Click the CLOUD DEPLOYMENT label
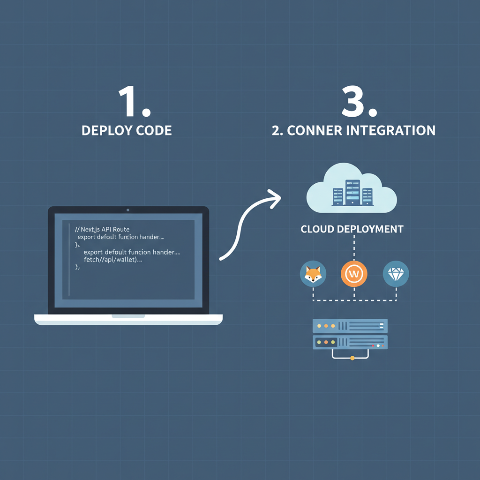(352, 229)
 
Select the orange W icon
(354, 273)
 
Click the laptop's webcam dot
(128, 210)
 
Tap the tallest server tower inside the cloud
(352, 192)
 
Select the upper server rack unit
(350, 325)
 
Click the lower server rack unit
(350, 342)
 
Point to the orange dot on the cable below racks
(352, 358)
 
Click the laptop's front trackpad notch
(128, 316)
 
